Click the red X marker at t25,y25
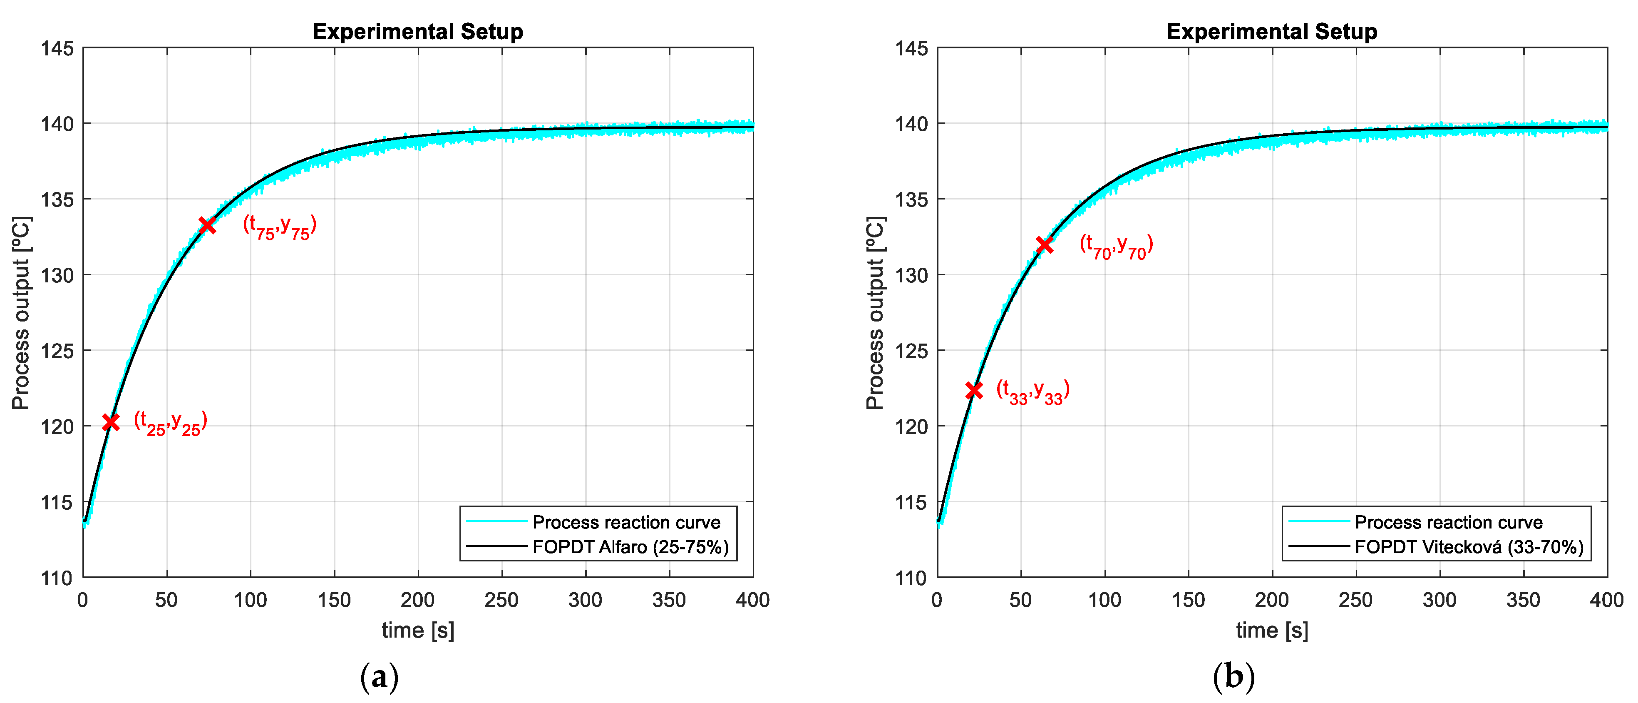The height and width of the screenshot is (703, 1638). coord(111,422)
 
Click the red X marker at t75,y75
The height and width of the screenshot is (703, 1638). coord(207,225)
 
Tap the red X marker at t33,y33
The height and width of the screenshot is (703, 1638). coord(973,390)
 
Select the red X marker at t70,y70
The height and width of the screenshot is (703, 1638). coord(1044,245)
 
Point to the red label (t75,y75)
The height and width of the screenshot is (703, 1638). coord(279,227)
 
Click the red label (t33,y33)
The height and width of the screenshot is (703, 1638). coord(1032,391)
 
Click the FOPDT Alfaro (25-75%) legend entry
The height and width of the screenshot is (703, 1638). coord(630,547)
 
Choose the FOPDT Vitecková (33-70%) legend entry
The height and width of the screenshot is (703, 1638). coord(1469,547)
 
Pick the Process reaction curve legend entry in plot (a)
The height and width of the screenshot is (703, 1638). coord(626,522)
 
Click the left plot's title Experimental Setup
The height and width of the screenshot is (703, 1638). coord(418,31)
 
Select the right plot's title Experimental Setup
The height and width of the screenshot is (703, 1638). coord(1272,31)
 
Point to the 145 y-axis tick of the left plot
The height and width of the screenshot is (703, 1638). coord(57,48)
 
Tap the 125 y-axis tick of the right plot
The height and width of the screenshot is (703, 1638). coord(911,351)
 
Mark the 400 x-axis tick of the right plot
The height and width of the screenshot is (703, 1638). coord(1606,600)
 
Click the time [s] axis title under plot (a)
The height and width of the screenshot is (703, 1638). coord(418,631)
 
